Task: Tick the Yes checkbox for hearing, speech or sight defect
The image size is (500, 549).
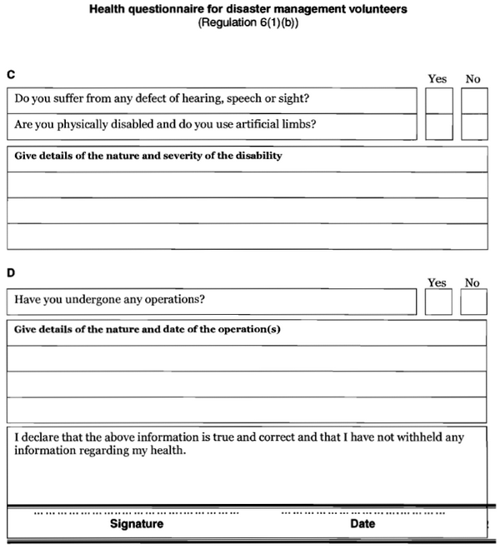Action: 438,100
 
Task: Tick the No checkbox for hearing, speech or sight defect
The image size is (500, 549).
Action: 473,100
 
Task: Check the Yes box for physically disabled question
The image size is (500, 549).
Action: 438,127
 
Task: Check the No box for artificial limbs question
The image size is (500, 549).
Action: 473,127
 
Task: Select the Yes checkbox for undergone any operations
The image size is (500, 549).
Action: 438,302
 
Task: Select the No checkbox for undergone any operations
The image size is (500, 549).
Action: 473,302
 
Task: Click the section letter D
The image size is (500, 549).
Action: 11,272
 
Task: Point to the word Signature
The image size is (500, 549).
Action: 137,524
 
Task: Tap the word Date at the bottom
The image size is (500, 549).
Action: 362,524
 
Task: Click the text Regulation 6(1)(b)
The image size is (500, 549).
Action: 248,22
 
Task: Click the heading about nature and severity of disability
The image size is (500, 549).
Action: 148,156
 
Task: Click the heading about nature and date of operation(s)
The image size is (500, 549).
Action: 147,329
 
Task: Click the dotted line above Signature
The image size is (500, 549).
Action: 136,512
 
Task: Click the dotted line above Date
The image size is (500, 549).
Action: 362,512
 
